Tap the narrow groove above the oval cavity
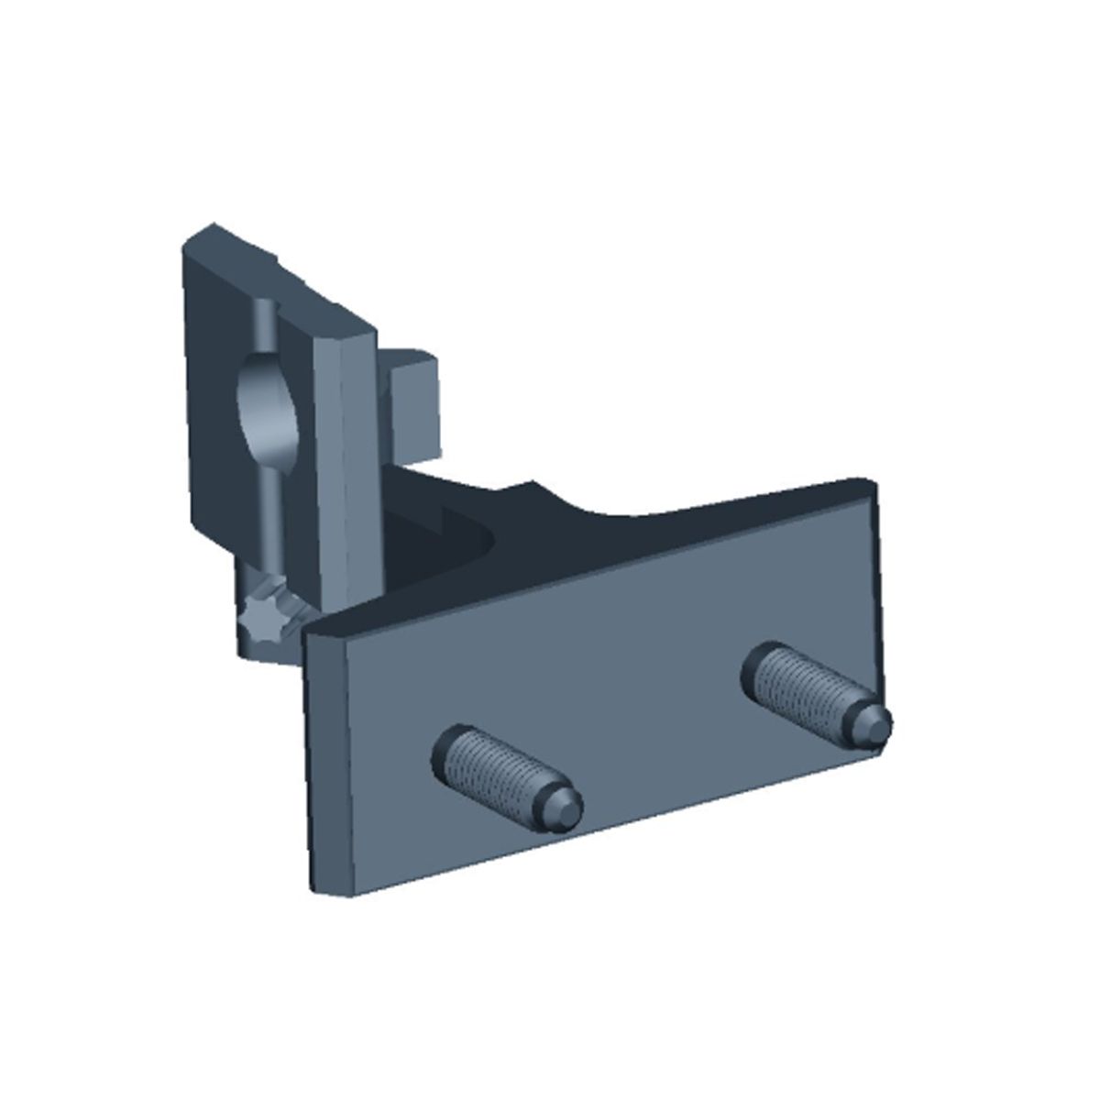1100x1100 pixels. click(x=263, y=321)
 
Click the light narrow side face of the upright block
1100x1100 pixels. click(x=348, y=458)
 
